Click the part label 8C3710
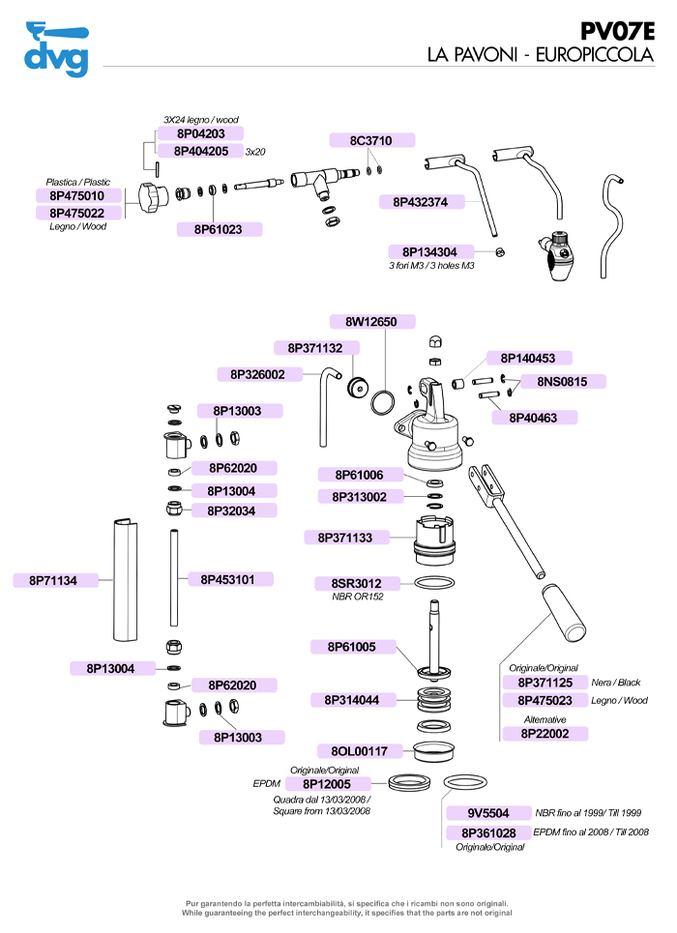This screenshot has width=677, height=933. point(370,141)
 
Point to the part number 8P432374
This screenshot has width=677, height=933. point(421,202)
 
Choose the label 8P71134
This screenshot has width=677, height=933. point(53,580)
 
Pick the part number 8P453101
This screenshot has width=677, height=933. point(228,579)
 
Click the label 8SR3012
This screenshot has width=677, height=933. point(357,583)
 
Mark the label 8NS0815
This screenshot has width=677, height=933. point(563,381)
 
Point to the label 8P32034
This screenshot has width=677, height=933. point(231,510)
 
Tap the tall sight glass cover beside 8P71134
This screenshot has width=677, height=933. point(123,581)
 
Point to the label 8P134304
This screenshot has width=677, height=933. point(430,251)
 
